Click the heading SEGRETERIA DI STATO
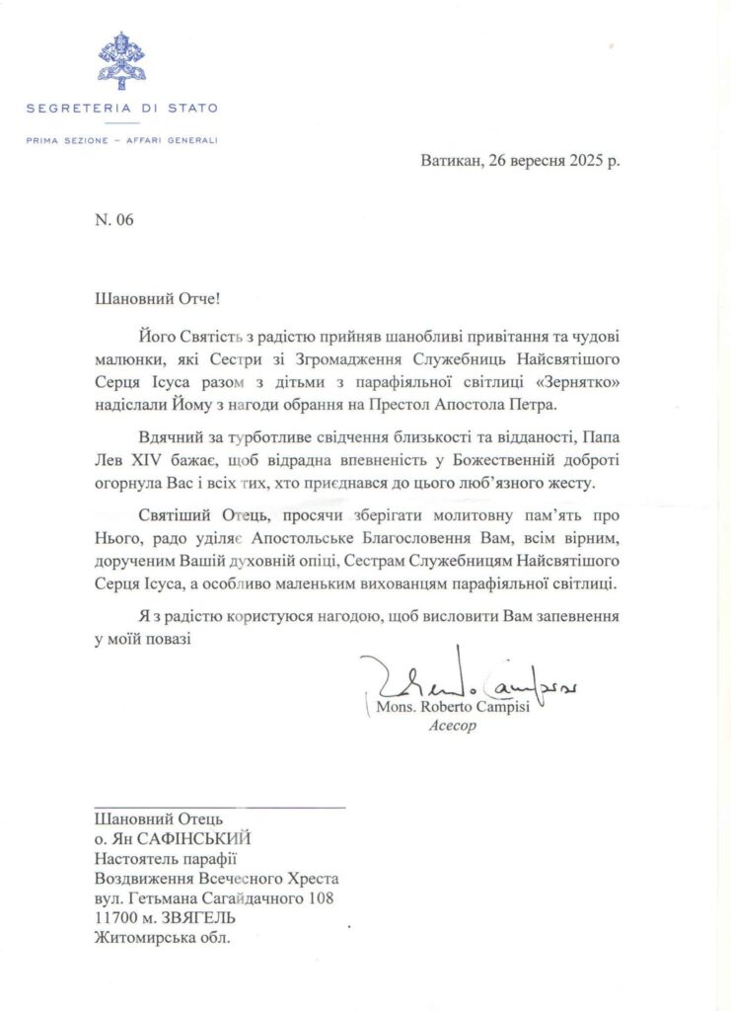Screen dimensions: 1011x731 tap(121, 108)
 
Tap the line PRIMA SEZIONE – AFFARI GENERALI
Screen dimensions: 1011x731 tap(121, 139)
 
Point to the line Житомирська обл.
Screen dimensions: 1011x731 tap(161, 938)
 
